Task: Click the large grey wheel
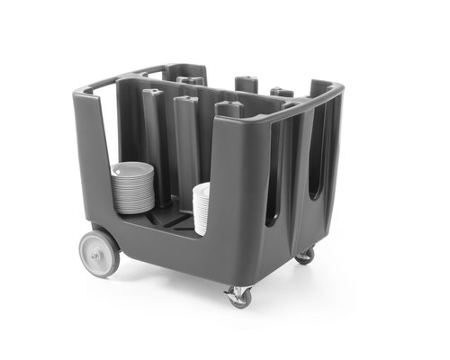tap(99, 253)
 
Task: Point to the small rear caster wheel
tap(306, 256)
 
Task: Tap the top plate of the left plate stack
tap(134, 166)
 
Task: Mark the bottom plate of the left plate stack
tap(133, 211)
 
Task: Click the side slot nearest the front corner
tap(273, 180)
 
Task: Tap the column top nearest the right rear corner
tap(282, 91)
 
